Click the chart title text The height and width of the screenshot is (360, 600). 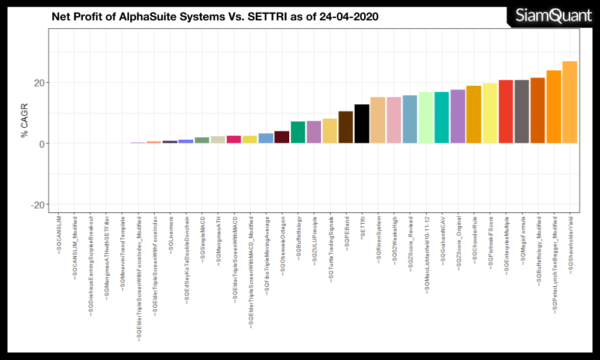(215, 17)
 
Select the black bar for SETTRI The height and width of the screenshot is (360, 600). (362, 124)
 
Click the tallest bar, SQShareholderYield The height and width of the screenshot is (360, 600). (569, 102)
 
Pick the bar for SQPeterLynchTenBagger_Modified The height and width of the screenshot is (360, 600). (554, 107)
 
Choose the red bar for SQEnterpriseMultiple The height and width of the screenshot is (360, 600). (506, 112)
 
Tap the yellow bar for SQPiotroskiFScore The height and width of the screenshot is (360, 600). (490, 113)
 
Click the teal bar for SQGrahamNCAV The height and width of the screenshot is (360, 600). (442, 118)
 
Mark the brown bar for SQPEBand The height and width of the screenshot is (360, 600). (346, 127)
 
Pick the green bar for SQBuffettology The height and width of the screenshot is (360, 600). (298, 132)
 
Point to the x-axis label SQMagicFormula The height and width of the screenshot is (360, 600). (522, 237)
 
